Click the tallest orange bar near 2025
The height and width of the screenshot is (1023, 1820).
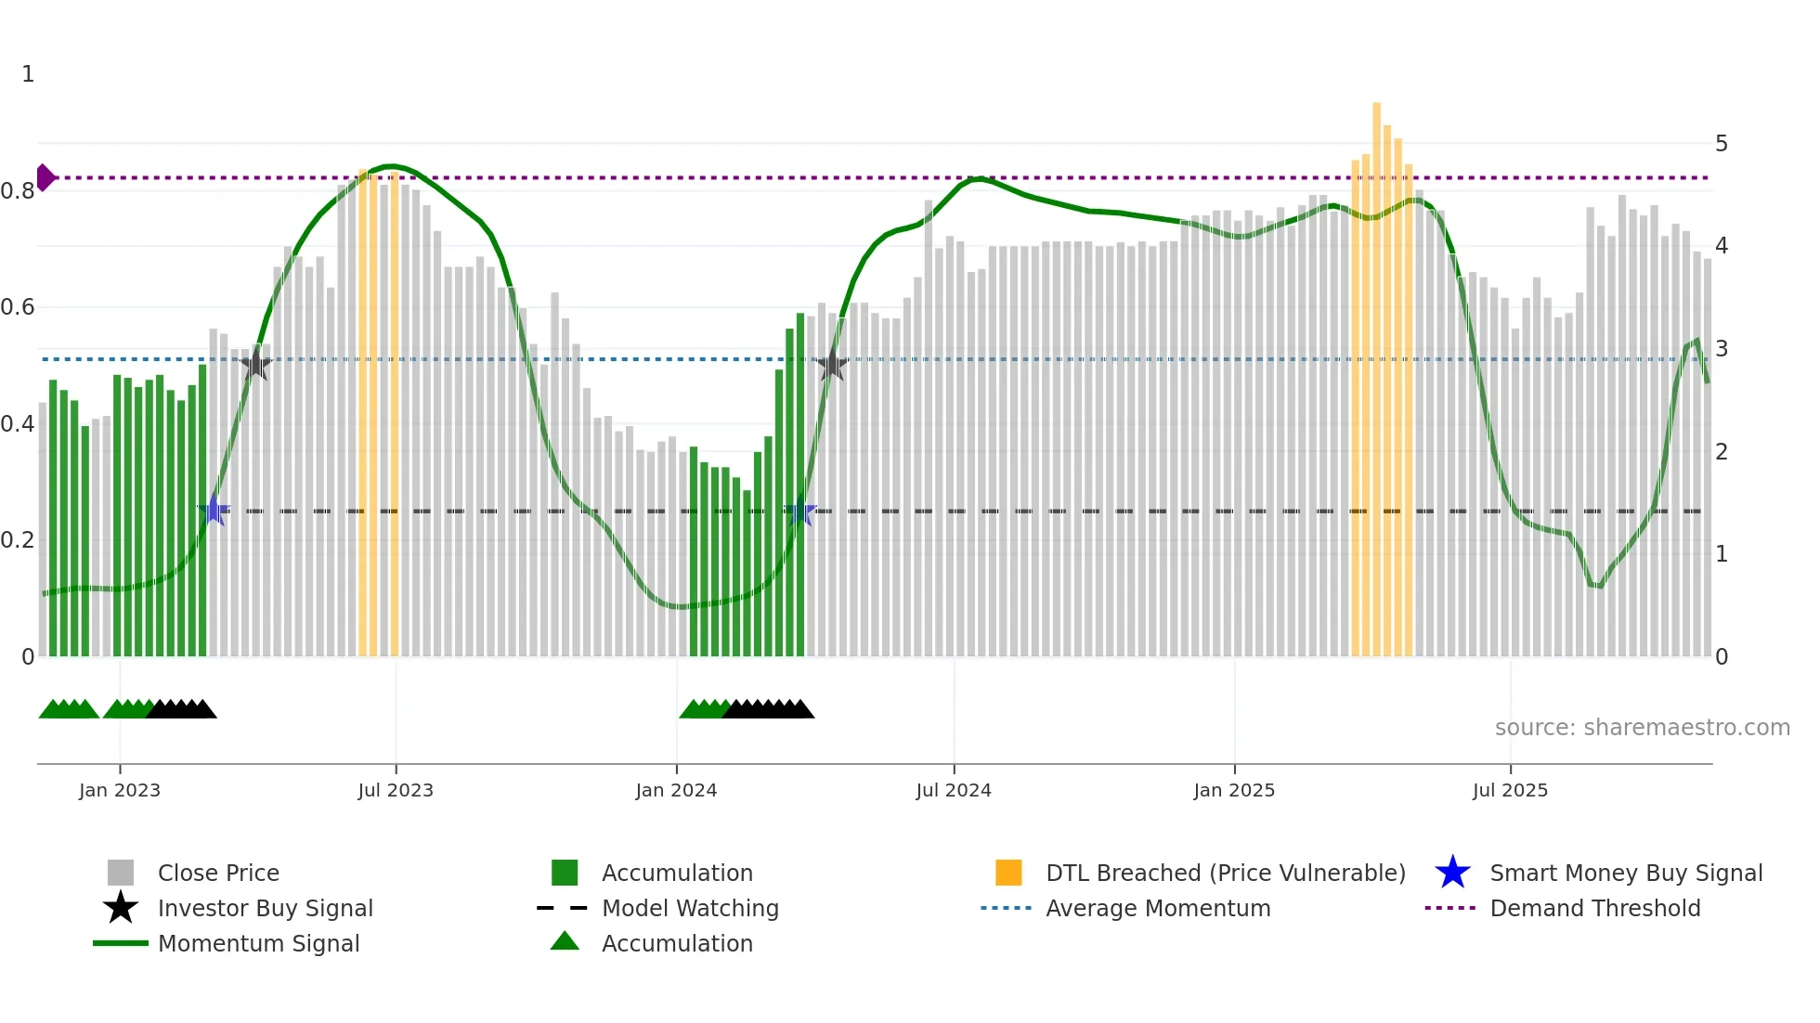[x=1376, y=371]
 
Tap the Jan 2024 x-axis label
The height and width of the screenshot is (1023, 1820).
[x=676, y=790]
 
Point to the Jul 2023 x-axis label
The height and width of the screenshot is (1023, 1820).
[x=396, y=790]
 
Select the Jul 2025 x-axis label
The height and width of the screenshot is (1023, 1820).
[x=1510, y=790]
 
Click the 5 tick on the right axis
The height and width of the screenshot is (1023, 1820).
[x=1722, y=144]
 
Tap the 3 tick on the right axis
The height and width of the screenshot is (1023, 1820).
[x=1722, y=349]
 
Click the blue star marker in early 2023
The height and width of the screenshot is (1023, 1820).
[x=214, y=511]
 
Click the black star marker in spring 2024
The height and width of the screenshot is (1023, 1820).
[x=832, y=366]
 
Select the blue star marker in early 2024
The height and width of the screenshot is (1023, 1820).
[x=800, y=512]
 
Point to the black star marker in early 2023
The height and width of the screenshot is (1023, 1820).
[x=255, y=364]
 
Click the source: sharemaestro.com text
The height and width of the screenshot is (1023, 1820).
[x=1642, y=728]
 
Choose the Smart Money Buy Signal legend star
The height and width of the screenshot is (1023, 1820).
[x=1452, y=873]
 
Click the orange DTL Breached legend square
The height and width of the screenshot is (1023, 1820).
[x=1008, y=873]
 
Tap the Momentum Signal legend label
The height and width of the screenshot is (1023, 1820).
[x=258, y=943]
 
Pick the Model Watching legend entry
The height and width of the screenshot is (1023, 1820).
[x=690, y=908]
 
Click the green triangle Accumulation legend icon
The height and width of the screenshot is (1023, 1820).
[x=565, y=942]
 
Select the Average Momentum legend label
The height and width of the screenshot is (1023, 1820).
[x=1158, y=908]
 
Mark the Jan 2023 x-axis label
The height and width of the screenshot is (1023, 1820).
[x=120, y=790]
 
